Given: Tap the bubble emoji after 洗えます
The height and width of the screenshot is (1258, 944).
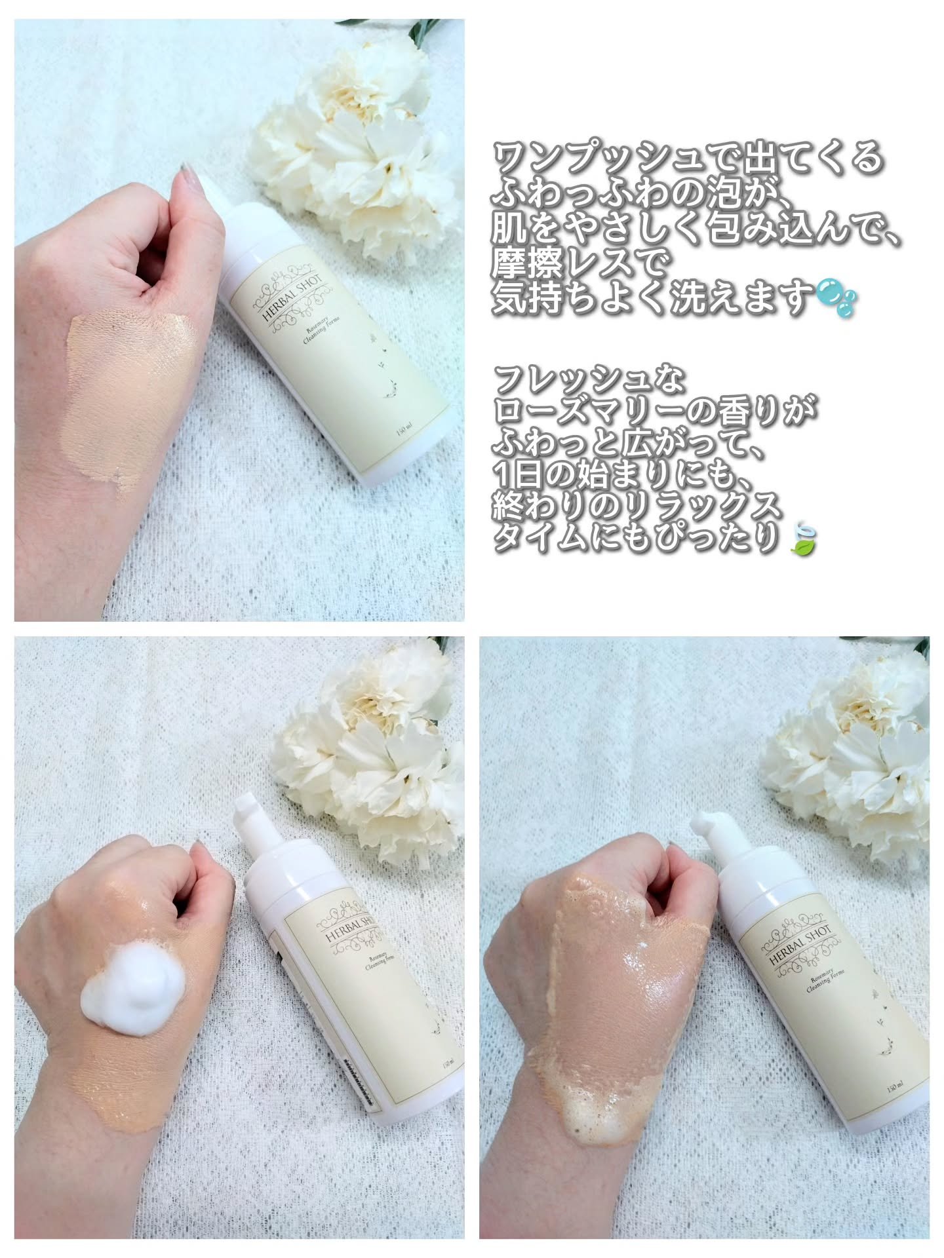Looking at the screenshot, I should (x=834, y=299).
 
